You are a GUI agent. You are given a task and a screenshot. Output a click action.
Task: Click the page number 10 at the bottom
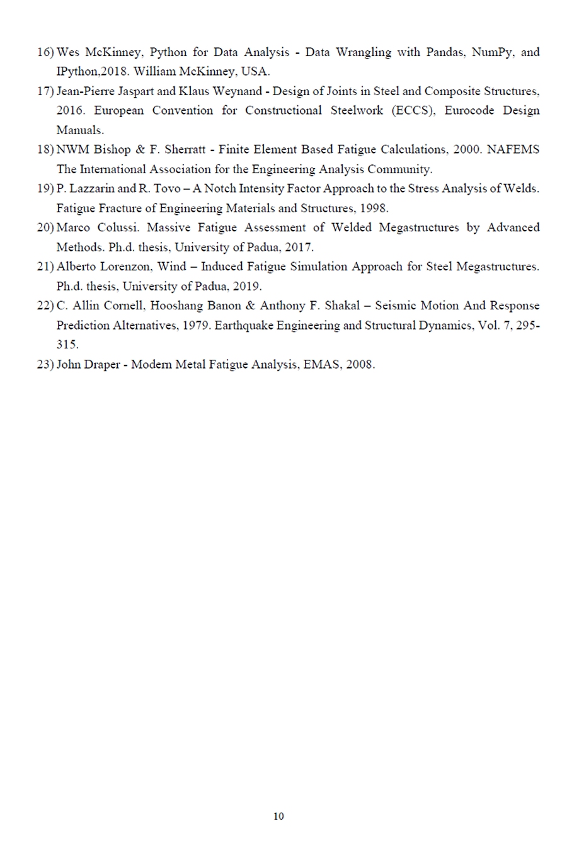[x=278, y=816]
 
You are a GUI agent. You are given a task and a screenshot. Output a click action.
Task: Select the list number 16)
[x=45, y=52]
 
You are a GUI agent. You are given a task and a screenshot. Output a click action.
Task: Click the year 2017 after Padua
[x=299, y=247]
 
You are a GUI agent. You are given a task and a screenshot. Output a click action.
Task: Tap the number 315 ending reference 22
[x=66, y=345]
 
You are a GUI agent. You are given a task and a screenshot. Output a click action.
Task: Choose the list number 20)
[x=45, y=227]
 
